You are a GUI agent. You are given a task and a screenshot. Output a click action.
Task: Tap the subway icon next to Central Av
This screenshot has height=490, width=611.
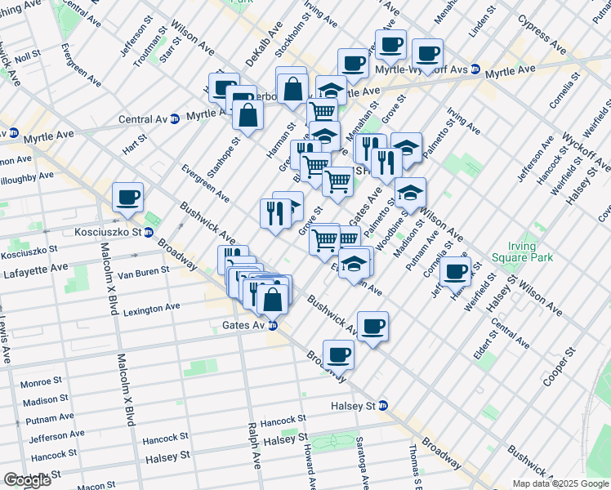coord(174,119)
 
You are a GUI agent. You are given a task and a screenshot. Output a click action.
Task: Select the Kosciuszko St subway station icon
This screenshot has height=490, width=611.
coord(149,233)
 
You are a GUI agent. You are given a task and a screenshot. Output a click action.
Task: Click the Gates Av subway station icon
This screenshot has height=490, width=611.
coord(274,325)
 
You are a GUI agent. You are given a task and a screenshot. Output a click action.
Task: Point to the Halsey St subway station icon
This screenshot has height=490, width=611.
coord(382,405)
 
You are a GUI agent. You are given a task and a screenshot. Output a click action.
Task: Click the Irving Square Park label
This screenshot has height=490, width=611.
coord(515,252)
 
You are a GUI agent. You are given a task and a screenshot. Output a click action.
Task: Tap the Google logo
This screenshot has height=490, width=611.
coord(27,479)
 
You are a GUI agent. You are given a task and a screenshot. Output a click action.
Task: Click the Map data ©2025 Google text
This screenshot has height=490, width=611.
coord(560,483)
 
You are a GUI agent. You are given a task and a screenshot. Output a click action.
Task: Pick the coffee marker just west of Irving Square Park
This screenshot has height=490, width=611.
coord(456,271)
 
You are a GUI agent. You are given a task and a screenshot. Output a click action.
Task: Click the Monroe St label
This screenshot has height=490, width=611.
coord(41,382)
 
